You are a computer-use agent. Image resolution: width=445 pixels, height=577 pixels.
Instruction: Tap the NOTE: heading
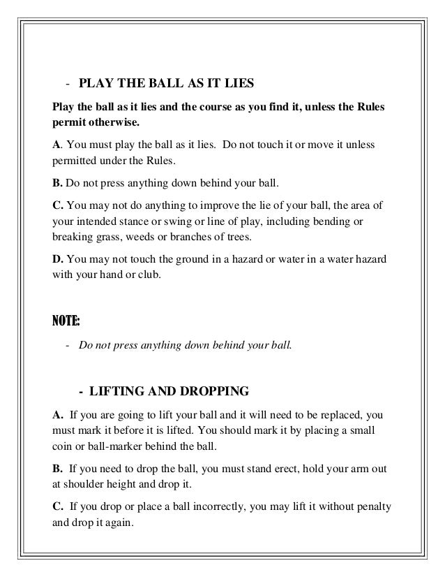[x=66, y=321]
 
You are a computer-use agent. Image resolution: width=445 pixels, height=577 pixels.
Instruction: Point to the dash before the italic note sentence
[x=66, y=344]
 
